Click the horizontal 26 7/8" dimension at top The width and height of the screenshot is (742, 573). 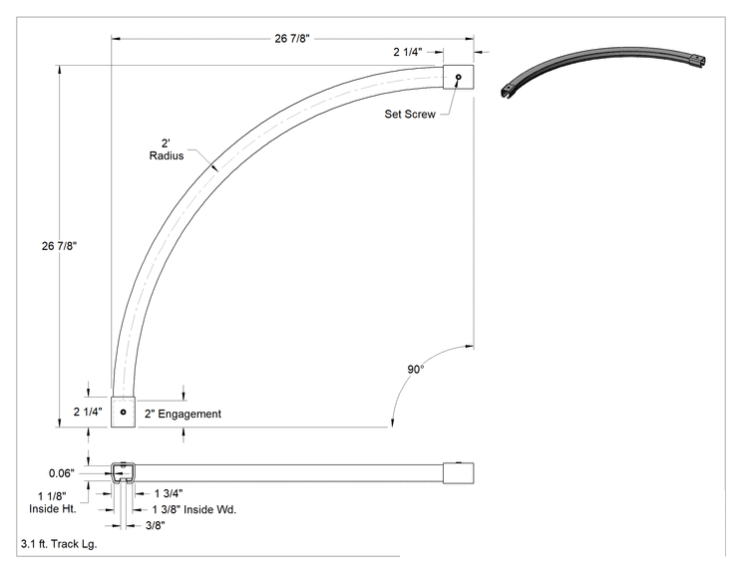pos(292,39)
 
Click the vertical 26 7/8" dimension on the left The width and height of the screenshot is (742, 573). pos(59,246)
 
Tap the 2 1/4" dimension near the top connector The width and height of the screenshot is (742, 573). pos(408,52)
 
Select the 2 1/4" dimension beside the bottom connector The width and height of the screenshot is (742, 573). pos(88,412)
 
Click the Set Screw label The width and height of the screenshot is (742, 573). pos(410,114)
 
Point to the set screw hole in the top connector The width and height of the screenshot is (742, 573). pos(458,77)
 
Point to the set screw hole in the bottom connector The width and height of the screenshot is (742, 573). pos(123,412)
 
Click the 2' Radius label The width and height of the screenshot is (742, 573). pos(167,149)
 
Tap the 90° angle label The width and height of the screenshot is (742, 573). pos(416,370)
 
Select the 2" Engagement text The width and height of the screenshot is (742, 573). pos(183,414)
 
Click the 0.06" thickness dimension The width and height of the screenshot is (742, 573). pos(62,473)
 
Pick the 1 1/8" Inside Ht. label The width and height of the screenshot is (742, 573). pos(53,502)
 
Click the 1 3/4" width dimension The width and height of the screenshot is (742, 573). pos(169,493)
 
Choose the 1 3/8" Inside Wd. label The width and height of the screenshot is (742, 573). pos(194,509)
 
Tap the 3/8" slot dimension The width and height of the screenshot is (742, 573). pos(156,525)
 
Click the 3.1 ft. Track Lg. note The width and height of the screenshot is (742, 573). pos(59,544)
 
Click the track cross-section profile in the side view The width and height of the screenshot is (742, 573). pos(123,472)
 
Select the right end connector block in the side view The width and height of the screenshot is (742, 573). pos(458,472)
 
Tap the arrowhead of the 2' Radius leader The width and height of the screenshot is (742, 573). pos(214,166)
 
